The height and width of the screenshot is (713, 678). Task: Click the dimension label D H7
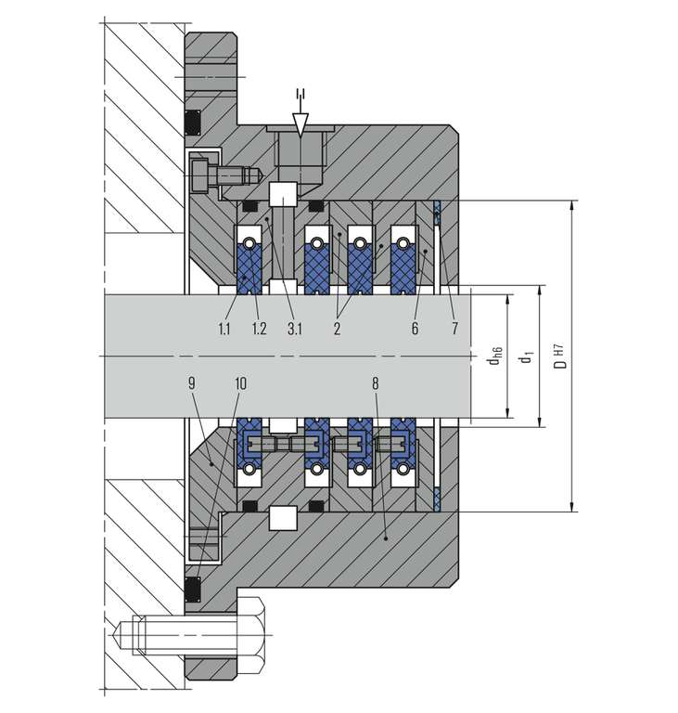(560, 356)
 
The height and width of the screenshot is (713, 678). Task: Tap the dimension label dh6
(495, 356)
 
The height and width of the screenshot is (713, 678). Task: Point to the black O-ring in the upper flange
(195, 122)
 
